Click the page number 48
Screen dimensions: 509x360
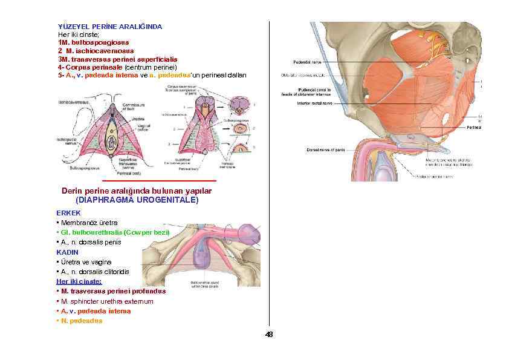tap(269, 335)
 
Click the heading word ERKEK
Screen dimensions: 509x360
tap(68, 213)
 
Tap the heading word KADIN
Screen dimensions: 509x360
tap(68, 252)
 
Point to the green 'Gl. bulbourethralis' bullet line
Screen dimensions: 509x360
tap(113, 232)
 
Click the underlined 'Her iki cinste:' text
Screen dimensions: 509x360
tap(79, 281)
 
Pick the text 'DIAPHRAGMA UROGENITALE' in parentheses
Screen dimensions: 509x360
tap(137, 200)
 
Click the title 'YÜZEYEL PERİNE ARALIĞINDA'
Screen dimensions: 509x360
tap(109, 27)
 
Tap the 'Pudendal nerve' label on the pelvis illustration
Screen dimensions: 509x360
tap(307, 62)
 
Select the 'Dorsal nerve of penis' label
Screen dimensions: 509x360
tap(325, 150)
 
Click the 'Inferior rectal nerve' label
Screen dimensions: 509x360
tap(314, 103)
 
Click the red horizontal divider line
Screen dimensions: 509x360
tap(159, 181)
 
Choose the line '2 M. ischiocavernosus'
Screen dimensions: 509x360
tap(96, 51)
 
